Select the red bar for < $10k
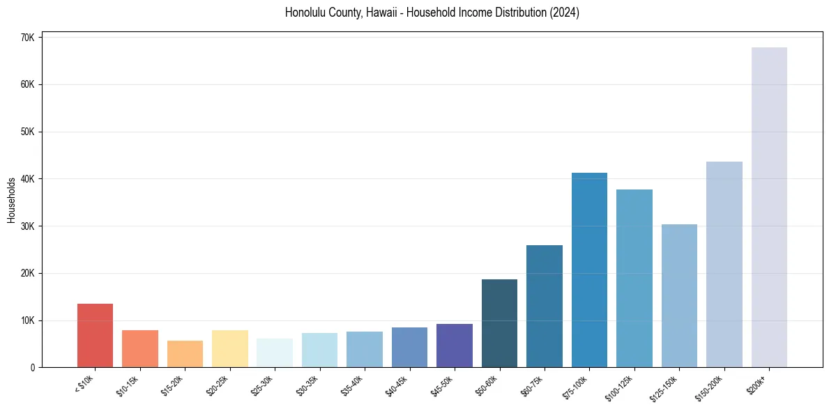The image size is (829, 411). coord(95,335)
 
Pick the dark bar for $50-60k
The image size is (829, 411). coord(499,323)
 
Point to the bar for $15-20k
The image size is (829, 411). coord(185,354)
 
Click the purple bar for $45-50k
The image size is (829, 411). coord(455,346)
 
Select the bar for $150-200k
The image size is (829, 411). coord(724,264)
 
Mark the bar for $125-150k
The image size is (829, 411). coord(679,295)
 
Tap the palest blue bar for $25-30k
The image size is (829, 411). coord(275,352)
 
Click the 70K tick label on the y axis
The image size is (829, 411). coord(27,38)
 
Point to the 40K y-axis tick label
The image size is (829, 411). coord(27,179)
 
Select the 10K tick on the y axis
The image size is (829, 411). coord(27,320)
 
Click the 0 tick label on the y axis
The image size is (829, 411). coord(32,368)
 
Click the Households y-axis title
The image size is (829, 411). coord(11,199)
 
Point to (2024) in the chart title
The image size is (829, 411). coord(564,13)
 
